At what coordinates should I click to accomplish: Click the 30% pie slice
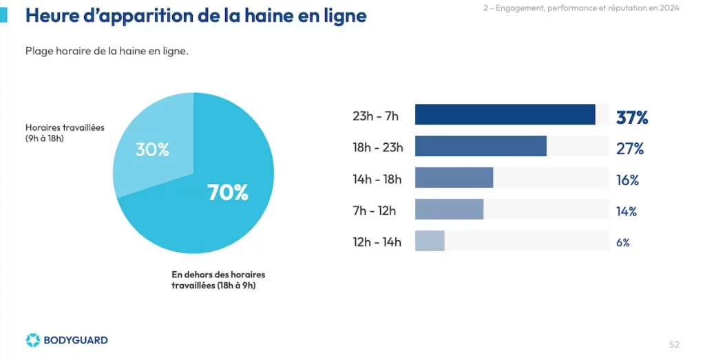tap(153, 144)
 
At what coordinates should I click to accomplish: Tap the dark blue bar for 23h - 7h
tap(505, 114)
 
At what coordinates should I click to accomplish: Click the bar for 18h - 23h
tap(481, 146)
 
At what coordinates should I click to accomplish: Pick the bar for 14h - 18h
tap(454, 178)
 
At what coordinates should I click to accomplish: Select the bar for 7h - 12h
tap(449, 209)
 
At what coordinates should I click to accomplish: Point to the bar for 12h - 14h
tap(430, 240)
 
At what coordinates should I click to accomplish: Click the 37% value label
tap(632, 117)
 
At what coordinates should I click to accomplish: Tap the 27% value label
tap(630, 148)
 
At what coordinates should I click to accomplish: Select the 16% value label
tap(628, 180)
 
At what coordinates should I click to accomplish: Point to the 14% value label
tap(627, 211)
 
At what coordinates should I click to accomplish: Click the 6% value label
tap(622, 243)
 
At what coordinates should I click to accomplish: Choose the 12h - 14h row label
tap(377, 242)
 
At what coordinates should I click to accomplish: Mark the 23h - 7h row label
tap(375, 116)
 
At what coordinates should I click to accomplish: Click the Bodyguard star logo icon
tap(33, 340)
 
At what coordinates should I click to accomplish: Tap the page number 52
tap(675, 345)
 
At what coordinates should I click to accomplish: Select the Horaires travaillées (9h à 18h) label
tap(65, 133)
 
